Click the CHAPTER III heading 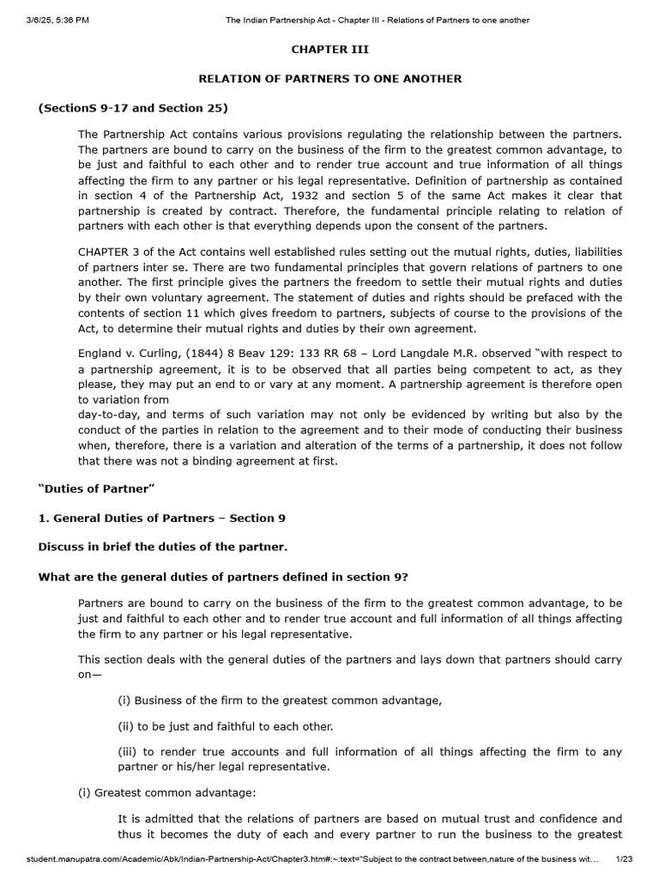[x=330, y=50]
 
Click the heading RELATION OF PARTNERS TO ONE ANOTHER [x=330, y=79]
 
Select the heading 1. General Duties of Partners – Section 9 [x=162, y=518]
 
